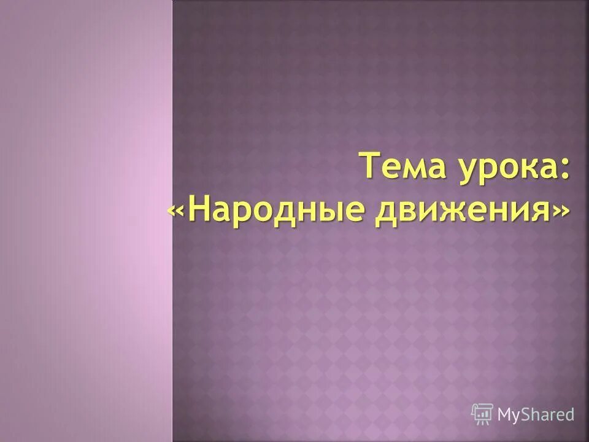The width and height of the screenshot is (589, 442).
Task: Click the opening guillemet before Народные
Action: pyautogui.click(x=176, y=212)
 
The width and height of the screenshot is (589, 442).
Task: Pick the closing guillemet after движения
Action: pyautogui.click(x=560, y=212)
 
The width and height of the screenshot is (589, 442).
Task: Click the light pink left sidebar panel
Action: pyautogui.click(x=86, y=221)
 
